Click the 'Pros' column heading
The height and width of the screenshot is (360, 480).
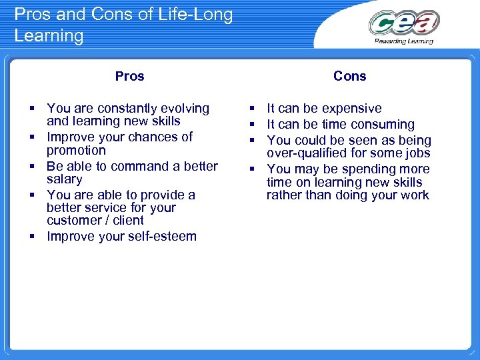129,76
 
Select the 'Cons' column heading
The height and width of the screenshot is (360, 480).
349,76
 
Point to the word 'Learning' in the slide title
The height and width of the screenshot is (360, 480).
49,35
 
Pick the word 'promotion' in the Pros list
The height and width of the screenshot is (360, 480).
76,150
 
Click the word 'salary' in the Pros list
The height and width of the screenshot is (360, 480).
65,179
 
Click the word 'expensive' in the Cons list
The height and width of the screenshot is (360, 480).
352,108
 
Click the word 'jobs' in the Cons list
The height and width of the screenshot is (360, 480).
417,153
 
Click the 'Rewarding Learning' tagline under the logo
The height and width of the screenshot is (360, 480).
404,41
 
